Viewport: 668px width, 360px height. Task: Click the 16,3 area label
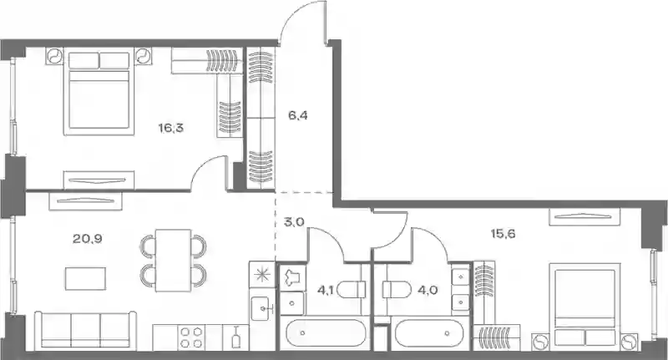(x=171, y=128)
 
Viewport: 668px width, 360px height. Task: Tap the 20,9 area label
(x=88, y=239)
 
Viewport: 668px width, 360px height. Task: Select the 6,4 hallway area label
(x=298, y=115)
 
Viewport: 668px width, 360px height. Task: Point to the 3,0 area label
(x=295, y=222)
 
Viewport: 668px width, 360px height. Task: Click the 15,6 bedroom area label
(x=504, y=234)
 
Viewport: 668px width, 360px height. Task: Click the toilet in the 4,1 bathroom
(x=352, y=290)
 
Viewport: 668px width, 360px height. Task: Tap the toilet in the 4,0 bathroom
(x=397, y=290)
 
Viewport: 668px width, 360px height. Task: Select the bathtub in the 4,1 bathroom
(x=326, y=333)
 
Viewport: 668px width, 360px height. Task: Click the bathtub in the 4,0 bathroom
(x=429, y=333)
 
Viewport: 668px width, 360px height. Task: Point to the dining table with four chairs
(x=173, y=261)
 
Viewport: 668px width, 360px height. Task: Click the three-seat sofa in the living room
(x=85, y=331)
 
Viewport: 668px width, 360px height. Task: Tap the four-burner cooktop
(x=191, y=337)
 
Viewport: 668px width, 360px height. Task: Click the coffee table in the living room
(x=86, y=279)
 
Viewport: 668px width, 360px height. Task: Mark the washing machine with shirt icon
(x=292, y=276)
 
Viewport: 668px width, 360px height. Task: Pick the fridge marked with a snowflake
(x=262, y=275)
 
